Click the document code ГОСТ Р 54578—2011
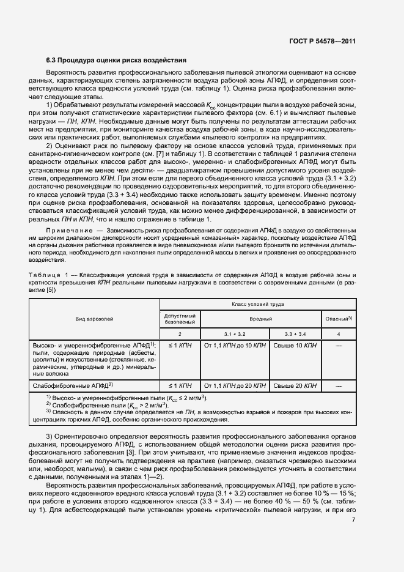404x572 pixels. click(321, 42)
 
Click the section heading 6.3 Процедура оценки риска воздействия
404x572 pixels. click(112, 61)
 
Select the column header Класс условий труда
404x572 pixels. click(257, 303)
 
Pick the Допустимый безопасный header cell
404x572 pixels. click(180, 318)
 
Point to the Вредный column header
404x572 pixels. click(260, 319)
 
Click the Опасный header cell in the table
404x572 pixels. click(338, 319)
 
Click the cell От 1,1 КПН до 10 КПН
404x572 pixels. click(235, 346)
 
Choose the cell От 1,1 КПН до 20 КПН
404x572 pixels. click(235, 386)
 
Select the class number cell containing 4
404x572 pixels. click(338, 335)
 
